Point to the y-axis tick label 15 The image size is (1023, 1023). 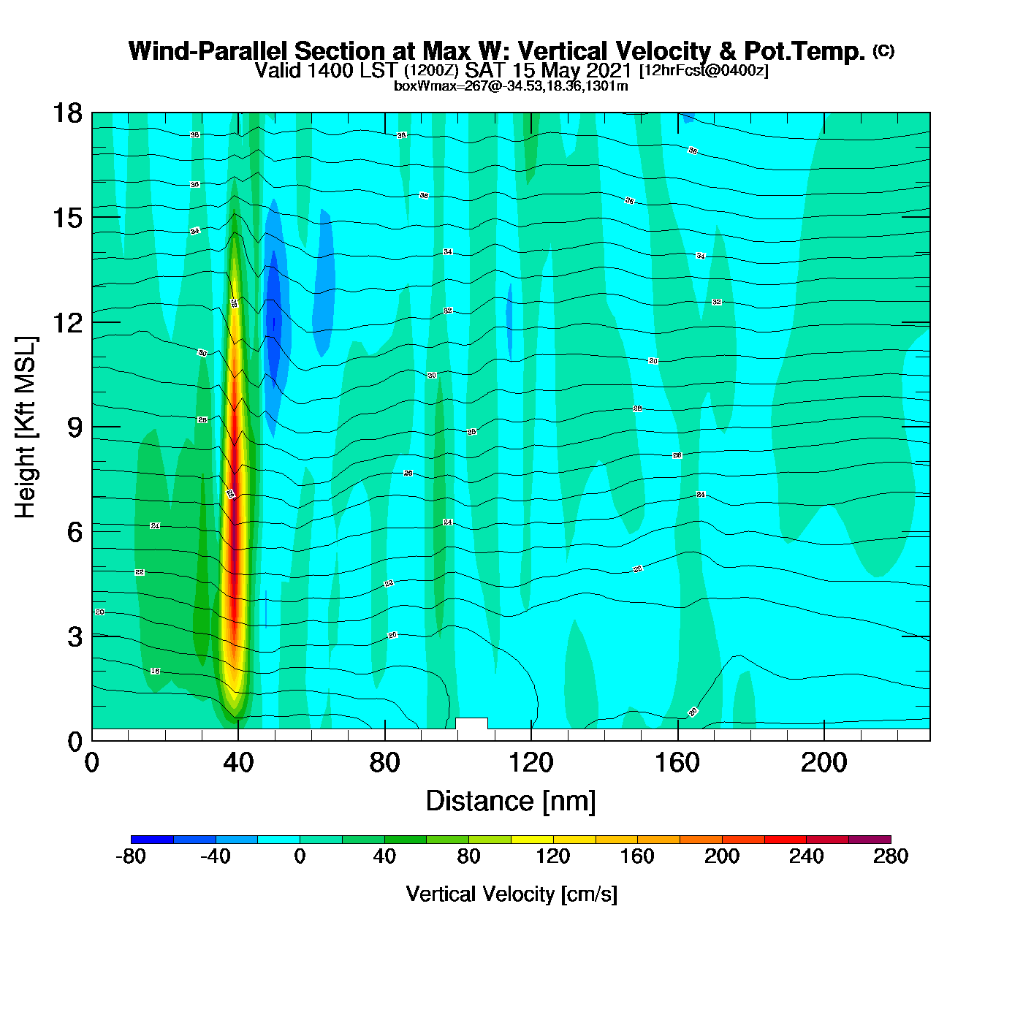[x=66, y=218]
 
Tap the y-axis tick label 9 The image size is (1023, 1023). [x=75, y=427]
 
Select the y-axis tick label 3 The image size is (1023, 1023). [x=75, y=637]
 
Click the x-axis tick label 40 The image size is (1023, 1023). [x=238, y=763]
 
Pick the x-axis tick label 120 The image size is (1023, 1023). [x=531, y=763]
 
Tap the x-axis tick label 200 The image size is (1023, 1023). [x=824, y=763]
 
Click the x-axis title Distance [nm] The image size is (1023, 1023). [x=511, y=802]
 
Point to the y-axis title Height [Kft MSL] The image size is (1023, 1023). [x=26, y=427]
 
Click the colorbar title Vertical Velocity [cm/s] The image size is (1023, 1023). [x=512, y=894]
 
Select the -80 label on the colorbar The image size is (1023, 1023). [x=131, y=856]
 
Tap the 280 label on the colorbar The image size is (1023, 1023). [x=891, y=856]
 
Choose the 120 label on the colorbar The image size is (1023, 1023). [x=553, y=856]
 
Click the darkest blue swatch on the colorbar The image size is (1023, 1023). [x=152, y=840]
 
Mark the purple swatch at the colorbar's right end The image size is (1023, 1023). [x=870, y=840]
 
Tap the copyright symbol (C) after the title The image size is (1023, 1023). [x=883, y=50]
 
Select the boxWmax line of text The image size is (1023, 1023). [x=511, y=85]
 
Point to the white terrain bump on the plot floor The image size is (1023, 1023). [x=471, y=723]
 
